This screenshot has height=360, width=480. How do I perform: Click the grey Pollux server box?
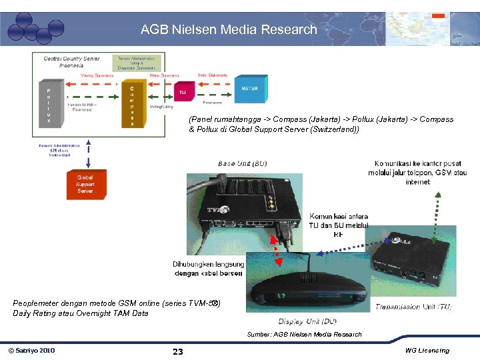pos(49,105)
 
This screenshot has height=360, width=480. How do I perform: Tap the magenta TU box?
pos(183,93)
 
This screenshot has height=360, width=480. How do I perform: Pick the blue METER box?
pos(249,89)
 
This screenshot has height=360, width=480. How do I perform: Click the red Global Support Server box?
pos(85,184)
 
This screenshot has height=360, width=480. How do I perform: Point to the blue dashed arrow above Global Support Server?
pos(87,155)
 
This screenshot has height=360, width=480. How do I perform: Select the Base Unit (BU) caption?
pos(242,163)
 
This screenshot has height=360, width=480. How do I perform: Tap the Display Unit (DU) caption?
pos(307,321)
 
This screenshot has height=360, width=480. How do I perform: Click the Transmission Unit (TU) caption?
pos(413,307)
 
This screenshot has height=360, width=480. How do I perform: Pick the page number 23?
pos(177,351)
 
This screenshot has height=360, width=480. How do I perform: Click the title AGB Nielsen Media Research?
pos(229,29)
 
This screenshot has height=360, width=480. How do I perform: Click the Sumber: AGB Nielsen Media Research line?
pos(304,334)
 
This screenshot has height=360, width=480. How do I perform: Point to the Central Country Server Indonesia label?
pos(72,62)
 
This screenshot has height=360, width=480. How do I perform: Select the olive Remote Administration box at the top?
pos(137,63)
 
